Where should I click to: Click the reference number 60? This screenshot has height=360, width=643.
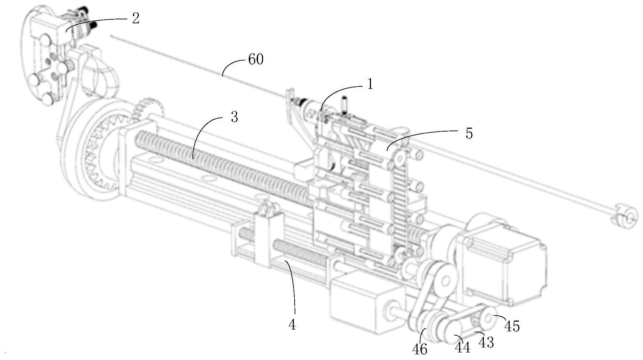[x=256, y=60]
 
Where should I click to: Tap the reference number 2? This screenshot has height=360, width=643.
[x=135, y=18]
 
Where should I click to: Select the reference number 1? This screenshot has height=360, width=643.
[x=370, y=84]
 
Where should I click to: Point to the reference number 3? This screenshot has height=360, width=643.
[x=234, y=117]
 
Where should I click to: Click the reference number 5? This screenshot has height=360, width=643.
[x=469, y=133]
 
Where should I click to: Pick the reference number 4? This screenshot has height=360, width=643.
[x=292, y=325]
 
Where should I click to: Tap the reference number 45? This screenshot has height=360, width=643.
[x=512, y=326]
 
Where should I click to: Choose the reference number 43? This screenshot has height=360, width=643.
[x=486, y=342]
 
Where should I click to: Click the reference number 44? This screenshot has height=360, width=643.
[x=462, y=347]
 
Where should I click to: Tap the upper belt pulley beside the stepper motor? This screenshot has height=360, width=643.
[x=443, y=280]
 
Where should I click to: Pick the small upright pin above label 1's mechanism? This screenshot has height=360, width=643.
[x=345, y=106]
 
